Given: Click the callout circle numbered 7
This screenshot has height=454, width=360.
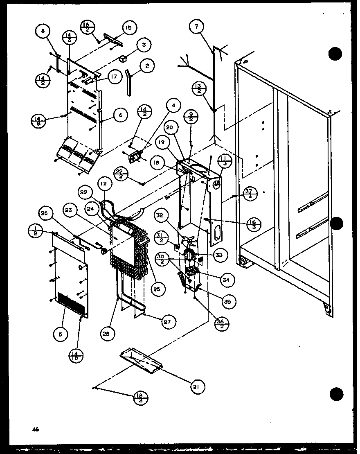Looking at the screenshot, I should click(196, 27).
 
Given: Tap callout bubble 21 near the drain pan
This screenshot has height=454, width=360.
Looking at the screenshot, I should click(198, 386).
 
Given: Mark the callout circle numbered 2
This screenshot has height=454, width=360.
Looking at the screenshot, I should click(147, 65).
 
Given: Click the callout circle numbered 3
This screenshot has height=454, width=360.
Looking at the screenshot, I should click(143, 45).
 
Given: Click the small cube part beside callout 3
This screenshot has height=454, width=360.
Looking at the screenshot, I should click(123, 59).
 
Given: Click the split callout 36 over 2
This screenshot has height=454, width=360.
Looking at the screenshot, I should click(223, 324).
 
